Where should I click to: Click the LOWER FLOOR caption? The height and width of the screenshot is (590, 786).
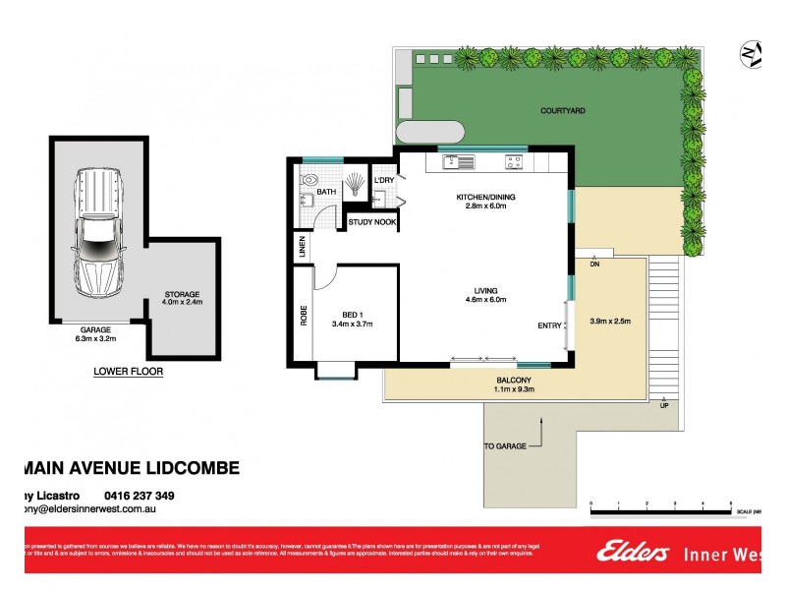pos(128,372)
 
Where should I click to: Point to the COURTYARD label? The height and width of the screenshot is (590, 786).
pos(562,111)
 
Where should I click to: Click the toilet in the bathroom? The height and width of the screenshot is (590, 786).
pos(311,180)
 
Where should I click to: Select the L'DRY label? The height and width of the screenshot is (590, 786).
pos(383,180)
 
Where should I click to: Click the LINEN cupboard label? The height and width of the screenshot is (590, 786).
pos(303,248)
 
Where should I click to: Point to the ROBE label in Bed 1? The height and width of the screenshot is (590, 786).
pos(303,315)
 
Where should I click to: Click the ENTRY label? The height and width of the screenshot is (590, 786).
pos(549,325)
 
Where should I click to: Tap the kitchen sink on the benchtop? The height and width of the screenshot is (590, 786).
pos(457,160)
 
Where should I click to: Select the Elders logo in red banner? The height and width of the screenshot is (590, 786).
pos(633,553)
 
